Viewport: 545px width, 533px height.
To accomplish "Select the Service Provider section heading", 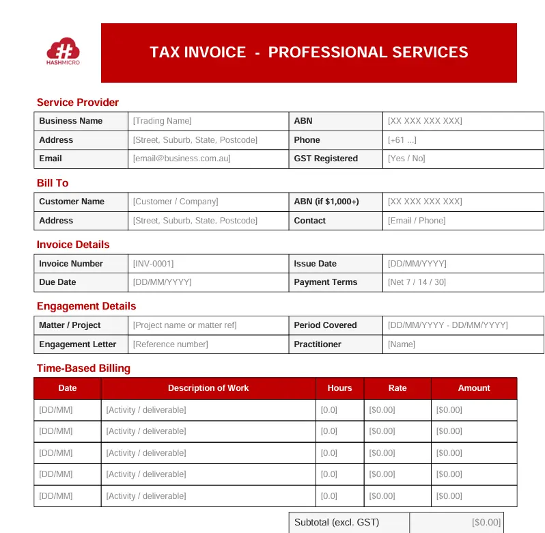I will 78,102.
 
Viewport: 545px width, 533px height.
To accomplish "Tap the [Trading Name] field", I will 163,121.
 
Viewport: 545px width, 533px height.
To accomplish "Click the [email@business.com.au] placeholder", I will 182,159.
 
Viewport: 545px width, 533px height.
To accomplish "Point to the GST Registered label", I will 326,159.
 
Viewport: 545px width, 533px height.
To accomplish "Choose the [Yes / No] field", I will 406,159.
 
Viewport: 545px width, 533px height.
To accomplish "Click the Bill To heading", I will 53,183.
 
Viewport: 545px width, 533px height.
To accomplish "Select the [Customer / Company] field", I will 176,202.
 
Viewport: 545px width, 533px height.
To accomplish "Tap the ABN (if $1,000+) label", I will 326,202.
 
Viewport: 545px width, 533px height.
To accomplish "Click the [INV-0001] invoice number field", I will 153,264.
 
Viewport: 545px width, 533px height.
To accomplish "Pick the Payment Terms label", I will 326,282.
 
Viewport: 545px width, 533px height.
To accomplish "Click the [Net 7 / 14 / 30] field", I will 417,282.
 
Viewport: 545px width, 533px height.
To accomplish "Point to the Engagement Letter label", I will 78,344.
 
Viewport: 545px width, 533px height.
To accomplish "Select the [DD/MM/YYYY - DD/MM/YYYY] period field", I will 448,325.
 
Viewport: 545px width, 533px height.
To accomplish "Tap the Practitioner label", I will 318,344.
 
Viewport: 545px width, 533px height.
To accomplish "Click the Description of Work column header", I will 208,388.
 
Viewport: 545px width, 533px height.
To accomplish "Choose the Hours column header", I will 339,388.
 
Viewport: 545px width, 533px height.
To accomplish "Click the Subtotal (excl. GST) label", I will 337,523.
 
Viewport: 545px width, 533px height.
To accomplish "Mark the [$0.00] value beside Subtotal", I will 486,523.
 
